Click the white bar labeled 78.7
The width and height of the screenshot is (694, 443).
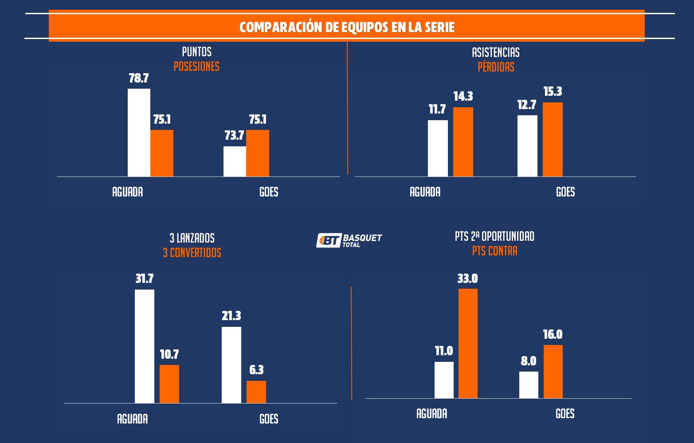click(139, 133)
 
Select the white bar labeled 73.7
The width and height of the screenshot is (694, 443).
click(235, 161)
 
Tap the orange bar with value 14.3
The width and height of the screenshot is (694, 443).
click(463, 142)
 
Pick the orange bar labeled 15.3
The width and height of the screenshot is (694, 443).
click(553, 139)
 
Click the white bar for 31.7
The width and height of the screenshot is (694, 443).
click(145, 346)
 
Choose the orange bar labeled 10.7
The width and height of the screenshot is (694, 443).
click(169, 384)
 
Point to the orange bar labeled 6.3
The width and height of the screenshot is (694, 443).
click(256, 392)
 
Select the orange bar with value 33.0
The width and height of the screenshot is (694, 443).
click(468, 343)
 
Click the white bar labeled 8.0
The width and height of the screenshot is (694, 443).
click(529, 385)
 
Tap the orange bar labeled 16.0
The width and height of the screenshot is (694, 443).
click(553, 372)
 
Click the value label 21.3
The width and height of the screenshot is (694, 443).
click(231, 316)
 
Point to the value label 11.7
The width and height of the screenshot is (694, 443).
click(437, 110)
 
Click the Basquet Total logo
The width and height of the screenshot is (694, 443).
click(349, 240)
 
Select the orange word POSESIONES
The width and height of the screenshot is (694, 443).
click(196, 67)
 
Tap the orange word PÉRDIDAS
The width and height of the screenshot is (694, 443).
click(496, 67)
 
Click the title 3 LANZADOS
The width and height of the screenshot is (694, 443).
click(192, 238)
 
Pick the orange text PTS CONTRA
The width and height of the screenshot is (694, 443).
click(494, 251)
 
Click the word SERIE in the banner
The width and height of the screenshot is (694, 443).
click(439, 27)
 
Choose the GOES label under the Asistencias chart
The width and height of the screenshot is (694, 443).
click(565, 192)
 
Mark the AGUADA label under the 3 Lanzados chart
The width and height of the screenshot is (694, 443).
click(132, 419)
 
